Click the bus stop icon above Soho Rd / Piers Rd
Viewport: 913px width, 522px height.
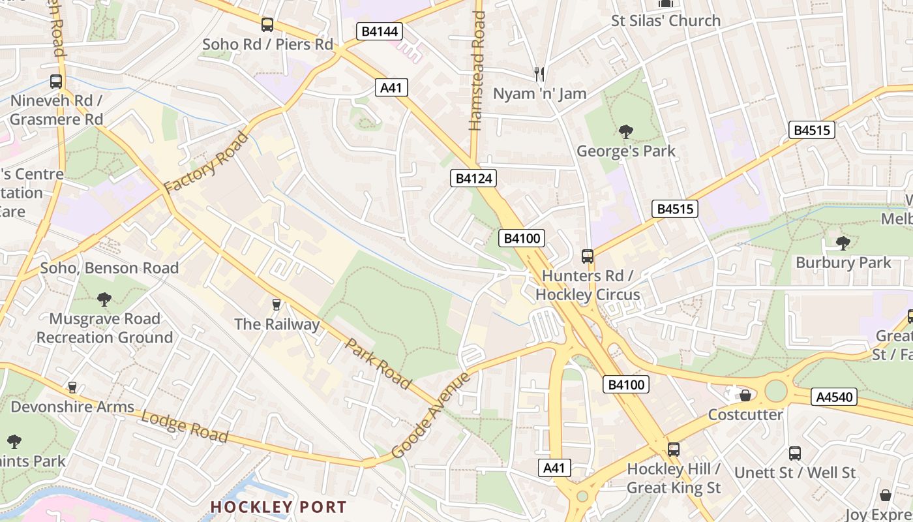click(267, 25)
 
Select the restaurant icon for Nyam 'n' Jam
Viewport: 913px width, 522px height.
click(539, 74)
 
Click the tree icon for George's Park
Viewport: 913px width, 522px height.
click(626, 132)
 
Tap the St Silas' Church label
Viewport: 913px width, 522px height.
click(665, 21)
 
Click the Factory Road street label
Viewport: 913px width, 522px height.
click(206, 162)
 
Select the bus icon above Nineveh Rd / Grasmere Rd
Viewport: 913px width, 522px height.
click(56, 82)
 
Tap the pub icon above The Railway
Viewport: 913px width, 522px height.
click(277, 304)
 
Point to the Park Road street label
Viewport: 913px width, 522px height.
click(378, 363)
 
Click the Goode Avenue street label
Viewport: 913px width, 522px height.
click(431, 416)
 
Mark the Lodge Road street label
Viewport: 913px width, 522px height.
click(185, 427)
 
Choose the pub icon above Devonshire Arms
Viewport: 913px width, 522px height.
click(72, 388)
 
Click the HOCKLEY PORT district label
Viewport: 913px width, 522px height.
click(278, 507)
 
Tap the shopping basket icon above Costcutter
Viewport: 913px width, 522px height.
click(745, 395)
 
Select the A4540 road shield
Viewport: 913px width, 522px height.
click(833, 397)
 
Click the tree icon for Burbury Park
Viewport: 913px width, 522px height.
click(843, 243)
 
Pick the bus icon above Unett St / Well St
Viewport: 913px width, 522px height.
click(794, 453)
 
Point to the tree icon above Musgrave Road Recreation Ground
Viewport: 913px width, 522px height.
click(104, 299)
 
